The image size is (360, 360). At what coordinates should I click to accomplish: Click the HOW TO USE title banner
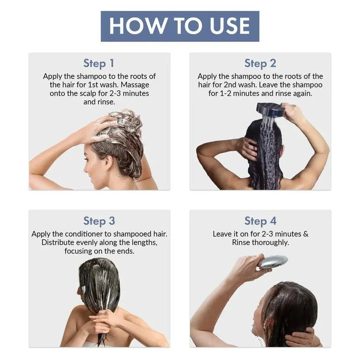pos(180,26)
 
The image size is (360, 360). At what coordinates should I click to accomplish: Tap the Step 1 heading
pos(99,63)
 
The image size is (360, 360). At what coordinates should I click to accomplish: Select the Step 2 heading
pos(260,63)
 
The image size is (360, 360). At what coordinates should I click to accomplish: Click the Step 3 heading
pos(99,221)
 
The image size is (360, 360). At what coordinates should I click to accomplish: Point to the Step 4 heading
pos(260,221)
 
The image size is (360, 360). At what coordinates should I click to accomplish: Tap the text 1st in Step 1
pos(94,85)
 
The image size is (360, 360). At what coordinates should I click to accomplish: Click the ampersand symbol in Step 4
pos(306,234)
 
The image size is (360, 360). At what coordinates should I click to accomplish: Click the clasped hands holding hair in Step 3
pos(102,320)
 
